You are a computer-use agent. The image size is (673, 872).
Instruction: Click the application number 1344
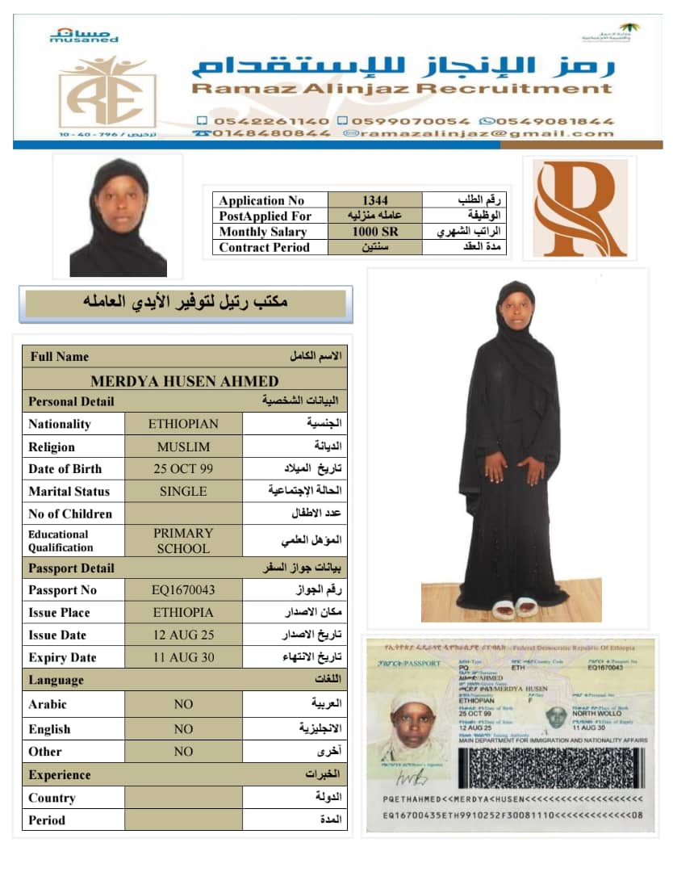point(374,200)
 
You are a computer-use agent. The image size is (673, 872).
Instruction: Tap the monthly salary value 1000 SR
point(374,232)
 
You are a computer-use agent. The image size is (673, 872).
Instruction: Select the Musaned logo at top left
point(83,35)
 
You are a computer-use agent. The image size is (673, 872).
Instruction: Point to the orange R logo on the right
point(579,208)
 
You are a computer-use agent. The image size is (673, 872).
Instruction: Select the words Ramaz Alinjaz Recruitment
point(402,89)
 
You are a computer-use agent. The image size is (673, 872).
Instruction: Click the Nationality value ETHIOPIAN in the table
point(183,424)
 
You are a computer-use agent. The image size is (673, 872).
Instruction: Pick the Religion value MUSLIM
point(183,446)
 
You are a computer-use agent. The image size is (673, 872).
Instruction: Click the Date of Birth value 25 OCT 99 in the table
point(183,468)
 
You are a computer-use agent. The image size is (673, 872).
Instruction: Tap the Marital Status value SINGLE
point(183,491)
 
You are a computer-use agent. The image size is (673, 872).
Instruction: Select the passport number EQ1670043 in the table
point(183,590)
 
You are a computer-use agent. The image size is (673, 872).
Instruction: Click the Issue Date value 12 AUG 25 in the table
point(183,635)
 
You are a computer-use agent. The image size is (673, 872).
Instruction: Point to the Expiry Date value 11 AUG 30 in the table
point(183,657)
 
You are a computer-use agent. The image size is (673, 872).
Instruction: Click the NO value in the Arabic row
point(183,704)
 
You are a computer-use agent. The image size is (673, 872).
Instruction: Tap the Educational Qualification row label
point(61,541)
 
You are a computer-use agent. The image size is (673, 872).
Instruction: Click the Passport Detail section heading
point(71,568)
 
